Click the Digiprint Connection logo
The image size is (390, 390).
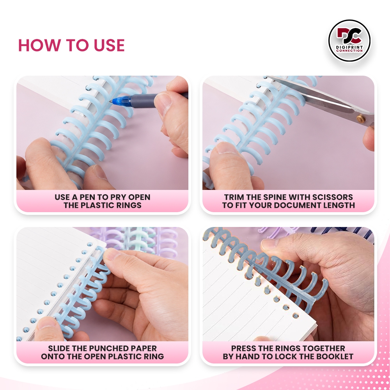[x=349, y=41]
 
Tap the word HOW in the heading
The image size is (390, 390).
[x=39, y=45]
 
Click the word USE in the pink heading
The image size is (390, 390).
[x=109, y=45]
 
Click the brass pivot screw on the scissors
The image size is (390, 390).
[x=360, y=119]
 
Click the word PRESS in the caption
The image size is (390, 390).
[x=242, y=348]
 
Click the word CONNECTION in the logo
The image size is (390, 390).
[x=349, y=51]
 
